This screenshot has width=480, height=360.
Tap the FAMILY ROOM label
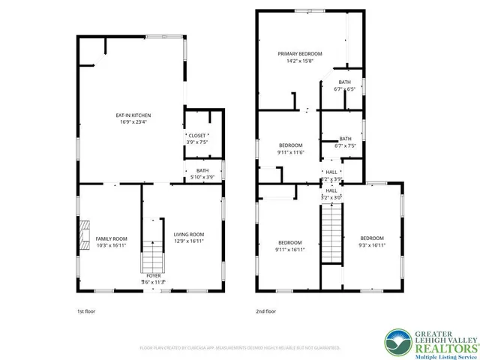click(x=91, y=238)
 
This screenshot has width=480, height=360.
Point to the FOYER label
click(x=154, y=276)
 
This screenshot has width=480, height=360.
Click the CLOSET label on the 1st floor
click(x=196, y=136)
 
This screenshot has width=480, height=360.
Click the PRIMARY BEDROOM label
click(x=299, y=54)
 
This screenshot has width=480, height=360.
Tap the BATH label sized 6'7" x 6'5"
click(x=344, y=82)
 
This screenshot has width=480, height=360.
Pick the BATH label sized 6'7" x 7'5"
click(x=345, y=139)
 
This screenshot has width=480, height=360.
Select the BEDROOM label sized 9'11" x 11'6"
click(x=291, y=145)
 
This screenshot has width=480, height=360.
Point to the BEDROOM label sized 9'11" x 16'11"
click(x=291, y=242)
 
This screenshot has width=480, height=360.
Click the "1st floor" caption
click(x=87, y=310)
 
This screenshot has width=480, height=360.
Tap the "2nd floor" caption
click(x=266, y=310)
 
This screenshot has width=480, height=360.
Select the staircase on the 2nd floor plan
click(x=331, y=235)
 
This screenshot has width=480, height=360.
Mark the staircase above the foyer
click(x=153, y=248)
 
